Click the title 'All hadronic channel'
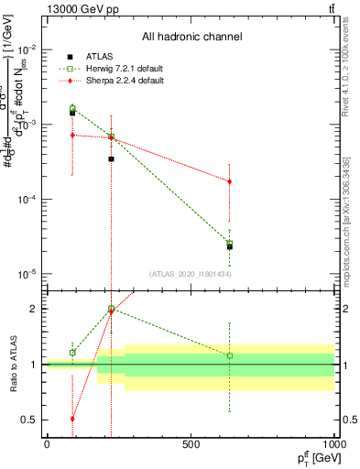tap(191, 38)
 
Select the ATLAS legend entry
tap(96, 55)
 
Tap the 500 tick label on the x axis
tap(191, 444)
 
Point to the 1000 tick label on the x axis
tap(335, 444)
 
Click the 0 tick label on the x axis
tap(47, 444)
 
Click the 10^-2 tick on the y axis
tap(27, 49)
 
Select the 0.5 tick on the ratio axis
tap(29, 420)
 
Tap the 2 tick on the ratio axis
tap(33, 309)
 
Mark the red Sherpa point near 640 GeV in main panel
tap(230, 181)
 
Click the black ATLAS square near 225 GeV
tap(111, 158)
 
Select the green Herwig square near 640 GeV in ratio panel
tap(230, 355)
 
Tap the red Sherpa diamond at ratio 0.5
tap(72, 419)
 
